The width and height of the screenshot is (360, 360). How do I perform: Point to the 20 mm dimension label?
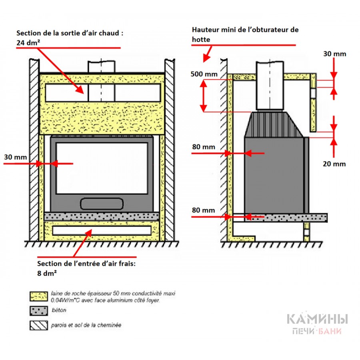(x=334, y=164)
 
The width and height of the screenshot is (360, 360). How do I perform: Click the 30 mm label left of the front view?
(x=15, y=157)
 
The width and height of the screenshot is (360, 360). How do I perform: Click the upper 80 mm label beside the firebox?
(x=203, y=147)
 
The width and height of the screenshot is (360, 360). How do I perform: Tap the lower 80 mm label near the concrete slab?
(x=203, y=210)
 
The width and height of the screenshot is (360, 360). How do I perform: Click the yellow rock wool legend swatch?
(x=38, y=296)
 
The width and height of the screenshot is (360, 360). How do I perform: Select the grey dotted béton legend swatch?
(x=38, y=310)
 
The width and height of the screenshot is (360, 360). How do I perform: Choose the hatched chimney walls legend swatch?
(x=38, y=325)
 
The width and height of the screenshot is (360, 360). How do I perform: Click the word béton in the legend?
(x=59, y=310)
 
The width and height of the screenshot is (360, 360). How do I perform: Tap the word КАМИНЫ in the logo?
(x=317, y=319)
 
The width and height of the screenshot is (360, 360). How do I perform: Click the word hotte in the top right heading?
(x=201, y=40)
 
